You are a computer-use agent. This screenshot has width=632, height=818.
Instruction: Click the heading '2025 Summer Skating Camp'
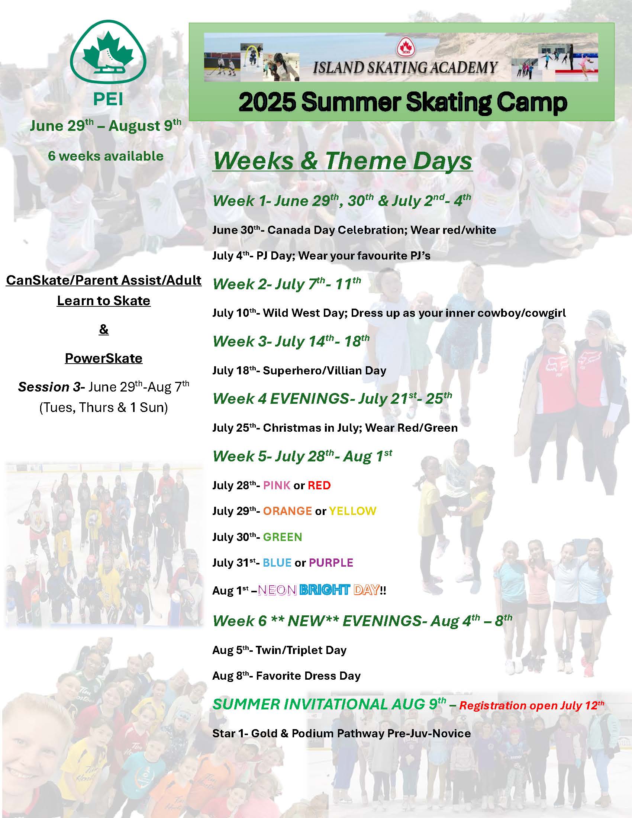[403, 102]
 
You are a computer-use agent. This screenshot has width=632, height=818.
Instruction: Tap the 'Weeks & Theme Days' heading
[342, 161]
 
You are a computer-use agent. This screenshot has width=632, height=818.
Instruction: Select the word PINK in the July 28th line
[277, 485]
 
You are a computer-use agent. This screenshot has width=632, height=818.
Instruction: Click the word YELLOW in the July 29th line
[353, 511]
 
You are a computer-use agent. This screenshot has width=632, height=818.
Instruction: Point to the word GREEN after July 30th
[283, 537]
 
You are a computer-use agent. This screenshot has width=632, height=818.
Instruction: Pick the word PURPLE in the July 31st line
[331, 563]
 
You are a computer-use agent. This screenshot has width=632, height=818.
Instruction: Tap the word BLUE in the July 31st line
[277, 563]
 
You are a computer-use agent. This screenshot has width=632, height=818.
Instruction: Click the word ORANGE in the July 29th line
[287, 511]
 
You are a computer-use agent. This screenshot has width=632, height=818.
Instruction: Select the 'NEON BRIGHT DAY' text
[319, 590]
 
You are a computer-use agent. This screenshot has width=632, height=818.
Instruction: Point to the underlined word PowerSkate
[104, 358]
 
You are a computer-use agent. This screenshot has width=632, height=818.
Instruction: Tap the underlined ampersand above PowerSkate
[104, 329]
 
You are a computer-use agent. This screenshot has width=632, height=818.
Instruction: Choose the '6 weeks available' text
[106, 156]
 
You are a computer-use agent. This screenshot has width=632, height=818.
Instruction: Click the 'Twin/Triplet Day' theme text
[301, 650]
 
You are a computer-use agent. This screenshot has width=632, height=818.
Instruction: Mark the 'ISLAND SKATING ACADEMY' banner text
[405, 67]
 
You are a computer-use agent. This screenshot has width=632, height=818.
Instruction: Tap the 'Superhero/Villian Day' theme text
[325, 370]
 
